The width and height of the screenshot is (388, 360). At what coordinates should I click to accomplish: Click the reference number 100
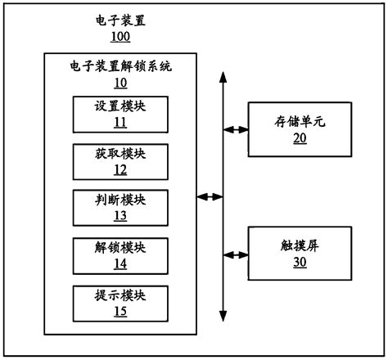tap(120, 37)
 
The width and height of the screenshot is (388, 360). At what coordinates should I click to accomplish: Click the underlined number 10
tap(120, 83)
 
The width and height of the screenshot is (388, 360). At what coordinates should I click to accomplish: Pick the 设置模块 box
tap(120, 115)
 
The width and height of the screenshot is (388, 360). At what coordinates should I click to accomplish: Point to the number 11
tap(120, 123)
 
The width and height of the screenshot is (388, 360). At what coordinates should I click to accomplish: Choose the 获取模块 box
tap(120, 161)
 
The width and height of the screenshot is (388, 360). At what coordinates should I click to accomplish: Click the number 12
tap(120, 170)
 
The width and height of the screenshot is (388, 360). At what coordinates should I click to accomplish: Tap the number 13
tap(120, 216)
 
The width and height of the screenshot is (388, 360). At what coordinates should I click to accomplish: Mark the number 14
tap(120, 263)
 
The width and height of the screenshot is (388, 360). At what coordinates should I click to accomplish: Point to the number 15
tap(120, 311)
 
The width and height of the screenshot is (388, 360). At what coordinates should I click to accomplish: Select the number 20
tap(300, 138)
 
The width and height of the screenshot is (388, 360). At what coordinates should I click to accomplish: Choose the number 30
tap(300, 263)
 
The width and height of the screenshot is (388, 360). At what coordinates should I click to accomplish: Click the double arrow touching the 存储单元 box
tap(236, 129)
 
